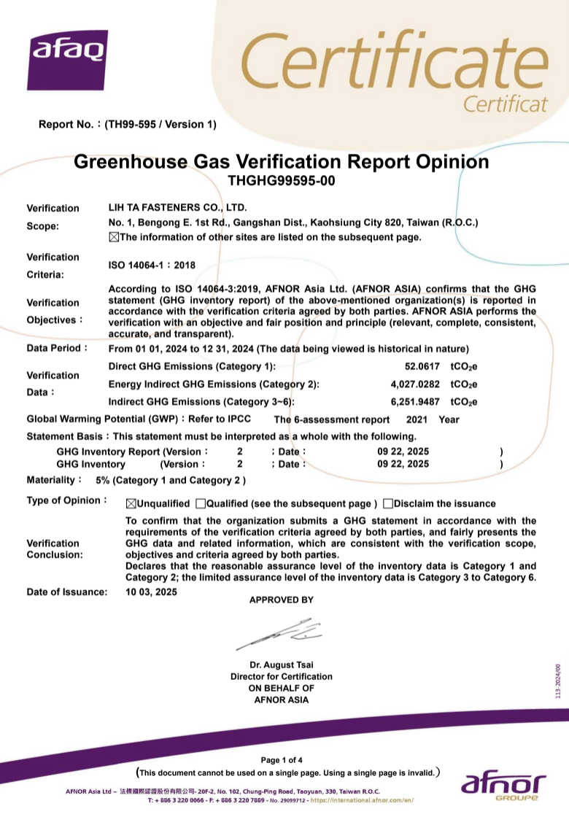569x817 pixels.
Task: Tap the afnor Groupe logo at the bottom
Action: tap(503, 786)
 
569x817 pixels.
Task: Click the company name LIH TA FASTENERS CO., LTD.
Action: tap(177, 208)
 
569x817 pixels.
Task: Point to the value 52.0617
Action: tap(422, 367)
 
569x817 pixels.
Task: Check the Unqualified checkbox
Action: tap(131, 503)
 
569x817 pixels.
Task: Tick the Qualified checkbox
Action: tap(201, 503)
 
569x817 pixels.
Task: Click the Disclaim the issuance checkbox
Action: tap(388, 503)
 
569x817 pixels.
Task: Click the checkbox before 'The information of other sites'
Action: tap(113, 237)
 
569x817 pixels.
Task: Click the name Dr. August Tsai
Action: tap(281, 665)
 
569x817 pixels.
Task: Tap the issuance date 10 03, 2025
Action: tap(151, 592)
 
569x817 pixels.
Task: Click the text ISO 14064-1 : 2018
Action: tap(152, 266)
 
